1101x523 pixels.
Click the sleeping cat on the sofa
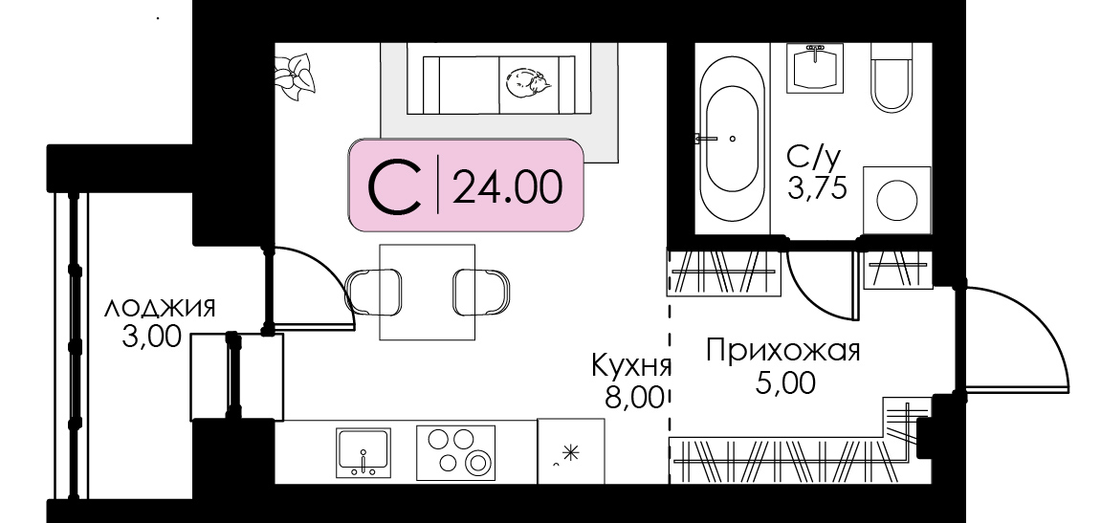(x=528, y=83)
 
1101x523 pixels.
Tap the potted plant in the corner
(x=295, y=76)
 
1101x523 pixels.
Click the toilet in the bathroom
(x=892, y=76)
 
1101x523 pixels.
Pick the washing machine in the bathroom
(x=896, y=200)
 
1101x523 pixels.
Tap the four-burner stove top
(x=455, y=452)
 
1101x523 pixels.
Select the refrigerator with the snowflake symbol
(x=570, y=451)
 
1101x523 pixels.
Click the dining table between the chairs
(x=427, y=292)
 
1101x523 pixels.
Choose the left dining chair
(x=374, y=292)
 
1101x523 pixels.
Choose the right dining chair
(x=482, y=292)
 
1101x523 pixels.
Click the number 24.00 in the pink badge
(x=507, y=186)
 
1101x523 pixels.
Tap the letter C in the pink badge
(x=395, y=186)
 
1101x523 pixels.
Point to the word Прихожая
(x=782, y=350)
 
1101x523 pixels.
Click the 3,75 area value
(x=817, y=189)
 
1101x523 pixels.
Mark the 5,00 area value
(x=785, y=383)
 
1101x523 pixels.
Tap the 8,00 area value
(x=635, y=398)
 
